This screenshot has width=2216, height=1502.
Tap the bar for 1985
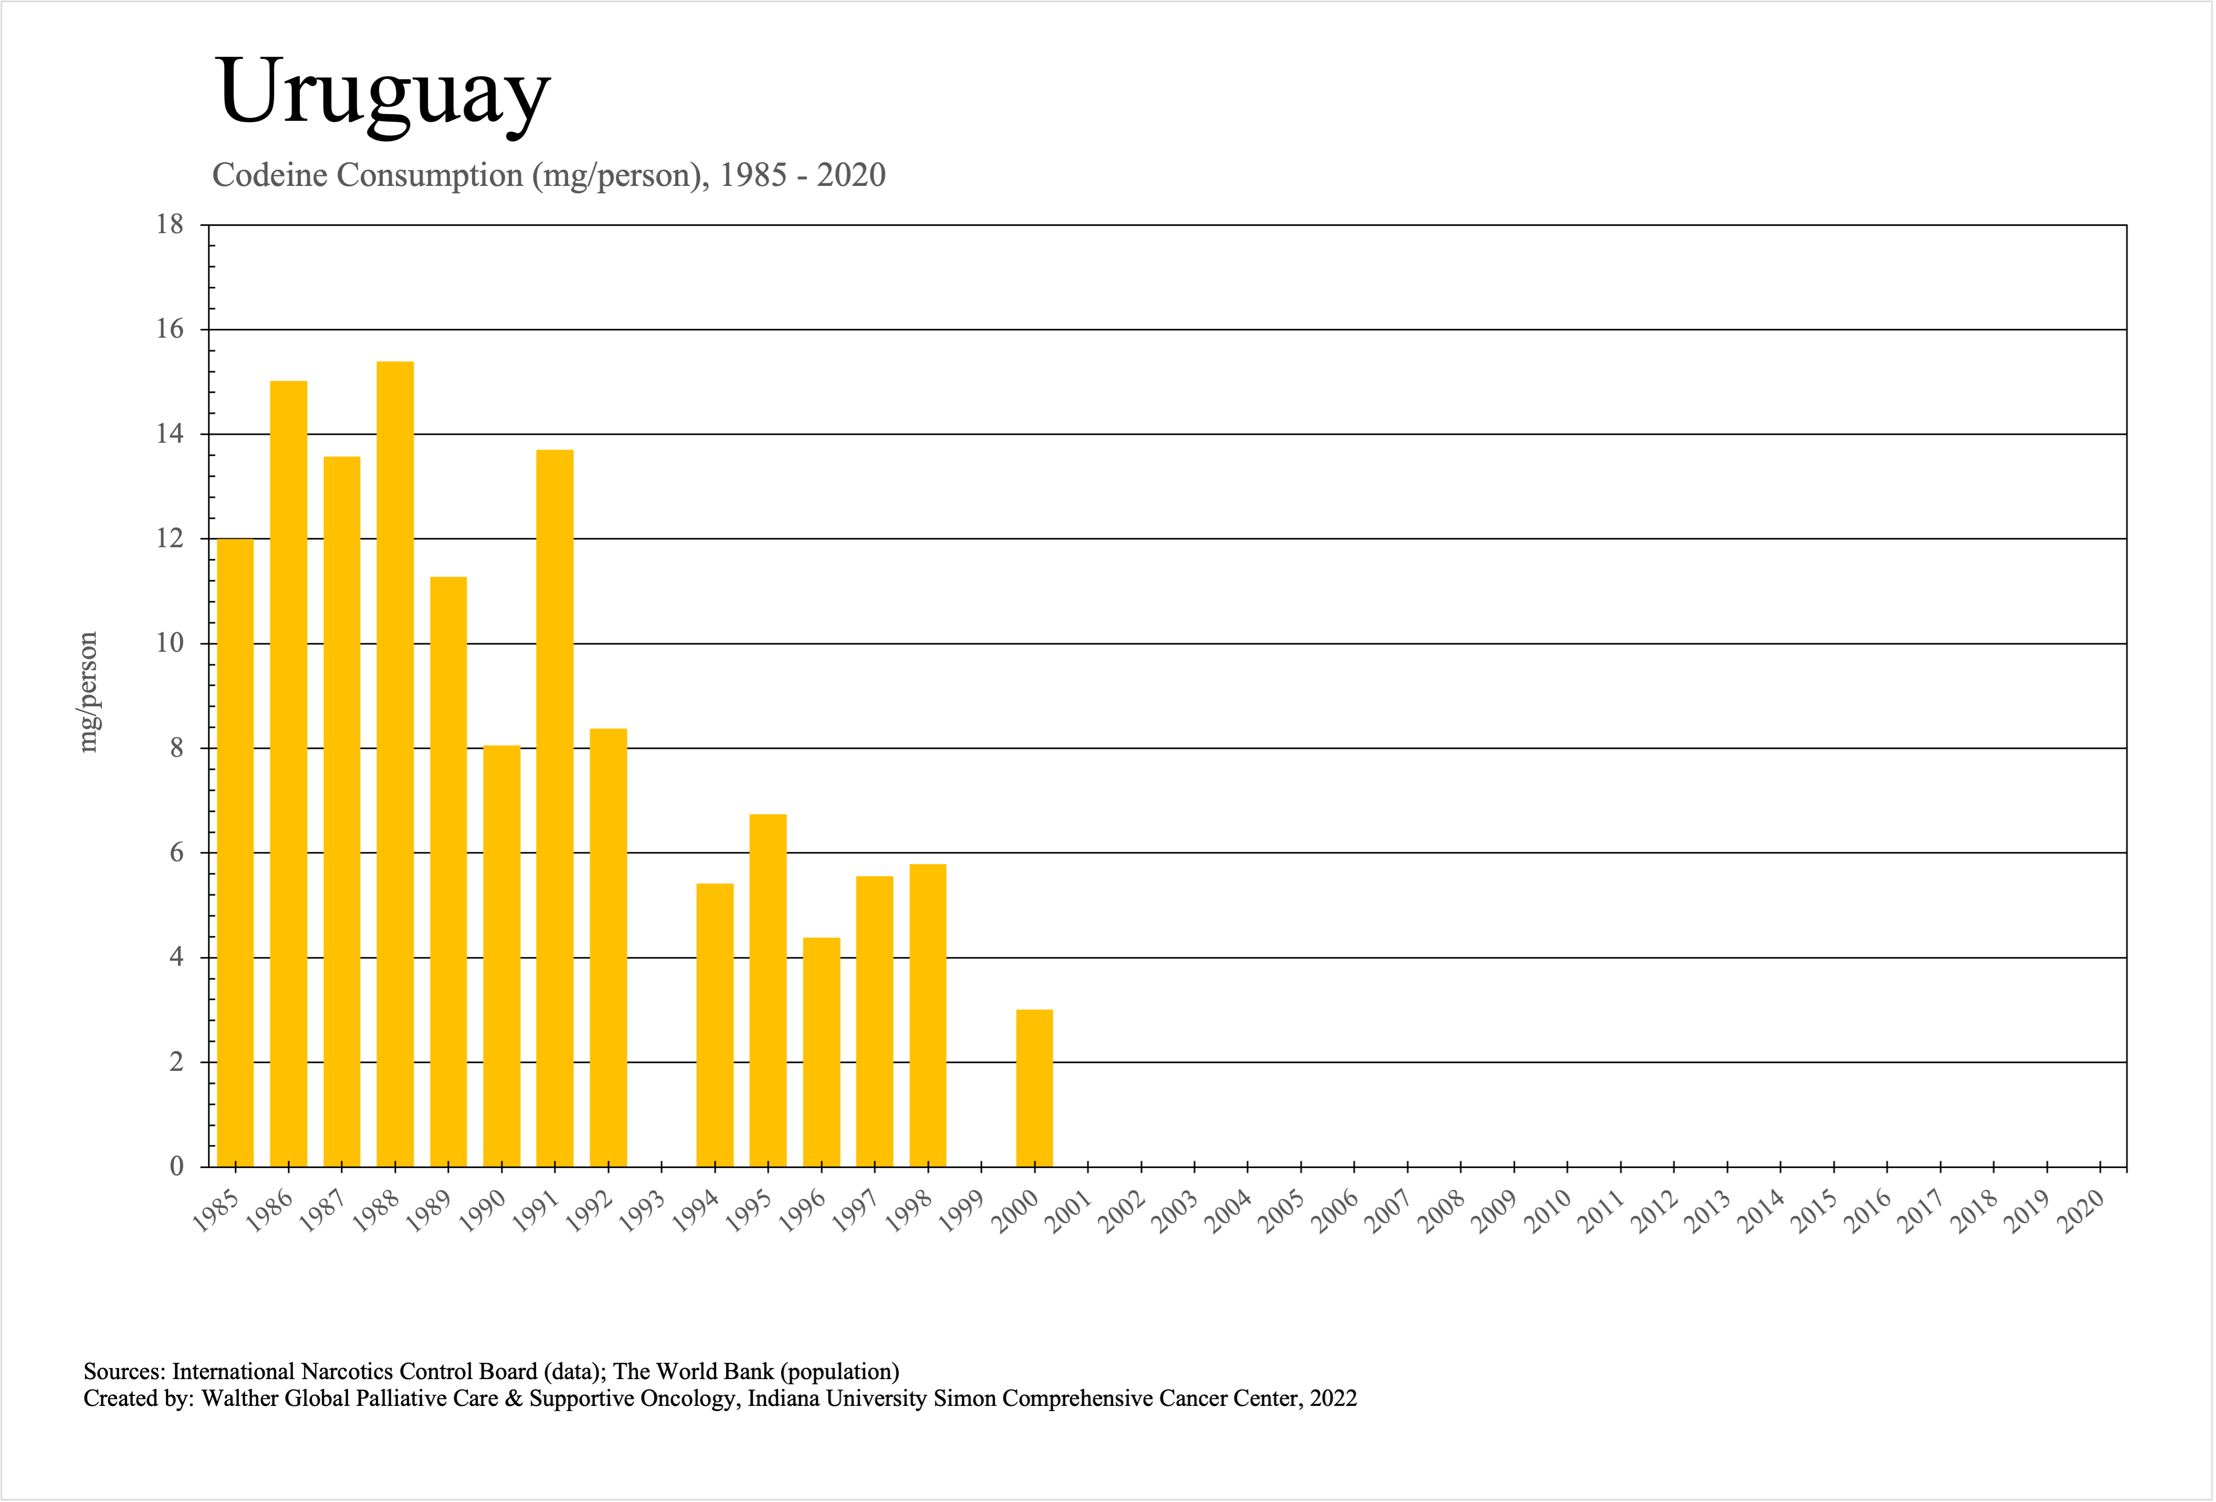click(x=236, y=852)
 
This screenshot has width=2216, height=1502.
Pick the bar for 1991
click(x=555, y=808)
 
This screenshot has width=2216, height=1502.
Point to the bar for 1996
click(x=821, y=1052)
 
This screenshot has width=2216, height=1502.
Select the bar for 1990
click(x=501, y=956)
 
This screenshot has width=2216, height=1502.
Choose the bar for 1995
click(x=768, y=990)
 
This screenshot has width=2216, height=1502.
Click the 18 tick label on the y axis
click(x=170, y=225)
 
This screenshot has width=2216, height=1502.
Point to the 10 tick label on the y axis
click(x=170, y=644)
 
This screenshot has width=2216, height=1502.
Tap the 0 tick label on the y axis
click(x=176, y=1166)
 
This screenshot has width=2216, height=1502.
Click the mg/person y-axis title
click(x=88, y=692)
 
